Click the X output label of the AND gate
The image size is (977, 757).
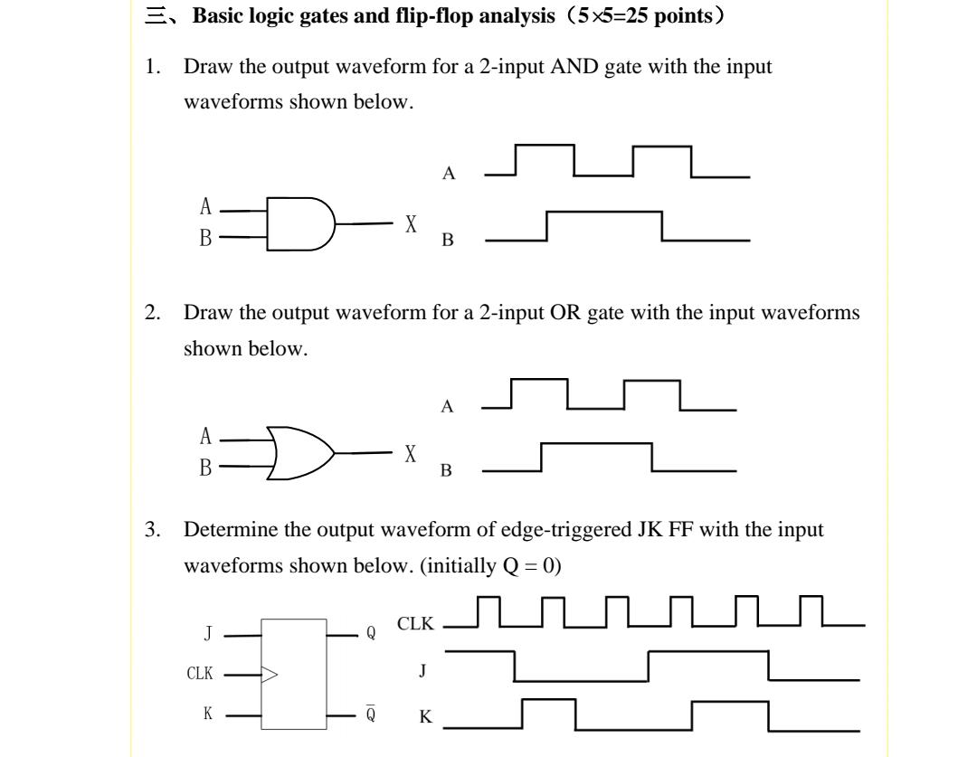(412, 224)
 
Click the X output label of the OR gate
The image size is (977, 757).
(412, 454)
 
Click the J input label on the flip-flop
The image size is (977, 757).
(208, 635)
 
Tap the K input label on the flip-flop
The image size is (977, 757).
(208, 714)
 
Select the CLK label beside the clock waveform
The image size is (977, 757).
(415, 624)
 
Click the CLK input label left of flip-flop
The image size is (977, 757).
(199, 674)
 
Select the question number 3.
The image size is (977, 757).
(151, 530)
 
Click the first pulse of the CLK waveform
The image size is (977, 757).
(488, 610)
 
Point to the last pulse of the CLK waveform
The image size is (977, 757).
(811, 610)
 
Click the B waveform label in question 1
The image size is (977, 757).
(448, 241)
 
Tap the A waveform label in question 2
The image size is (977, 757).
(447, 407)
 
